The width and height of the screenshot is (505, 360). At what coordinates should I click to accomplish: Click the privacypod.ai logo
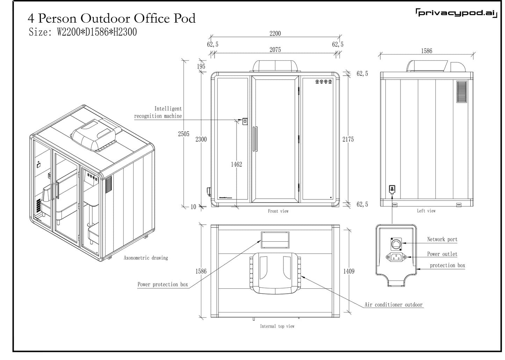[x=455, y=13]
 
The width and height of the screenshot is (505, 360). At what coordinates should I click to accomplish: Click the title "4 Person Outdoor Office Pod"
[x=111, y=18]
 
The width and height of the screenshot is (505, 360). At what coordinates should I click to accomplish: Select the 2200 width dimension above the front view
[x=275, y=34]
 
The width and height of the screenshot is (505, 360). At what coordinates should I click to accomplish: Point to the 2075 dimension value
[x=275, y=50]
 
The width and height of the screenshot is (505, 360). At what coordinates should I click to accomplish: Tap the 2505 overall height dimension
[x=183, y=134]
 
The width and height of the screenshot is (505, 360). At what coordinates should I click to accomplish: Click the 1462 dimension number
[x=236, y=164]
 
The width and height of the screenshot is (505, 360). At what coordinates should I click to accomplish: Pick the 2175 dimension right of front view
[x=348, y=139]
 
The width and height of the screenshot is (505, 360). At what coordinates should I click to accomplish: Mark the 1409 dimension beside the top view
[x=348, y=271]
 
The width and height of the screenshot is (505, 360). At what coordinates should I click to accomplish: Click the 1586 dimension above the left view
[x=426, y=51]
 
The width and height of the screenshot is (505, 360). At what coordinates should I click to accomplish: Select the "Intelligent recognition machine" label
[x=158, y=112]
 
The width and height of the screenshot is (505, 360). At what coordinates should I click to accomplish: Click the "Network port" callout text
[x=442, y=239]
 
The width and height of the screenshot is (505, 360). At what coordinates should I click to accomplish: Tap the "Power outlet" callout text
[x=442, y=254]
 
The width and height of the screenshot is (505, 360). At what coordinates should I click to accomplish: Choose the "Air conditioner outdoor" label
[x=394, y=305]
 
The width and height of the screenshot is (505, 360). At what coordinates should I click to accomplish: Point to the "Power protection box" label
[x=163, y=284]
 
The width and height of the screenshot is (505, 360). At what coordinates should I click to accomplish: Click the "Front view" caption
[x=278, y=211]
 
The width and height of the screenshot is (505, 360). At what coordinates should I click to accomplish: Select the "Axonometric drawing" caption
[x=146, y=258]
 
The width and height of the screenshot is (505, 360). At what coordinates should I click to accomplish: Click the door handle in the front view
[x=256, y=139]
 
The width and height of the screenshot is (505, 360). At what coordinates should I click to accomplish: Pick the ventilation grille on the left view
[x=462, y=92]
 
